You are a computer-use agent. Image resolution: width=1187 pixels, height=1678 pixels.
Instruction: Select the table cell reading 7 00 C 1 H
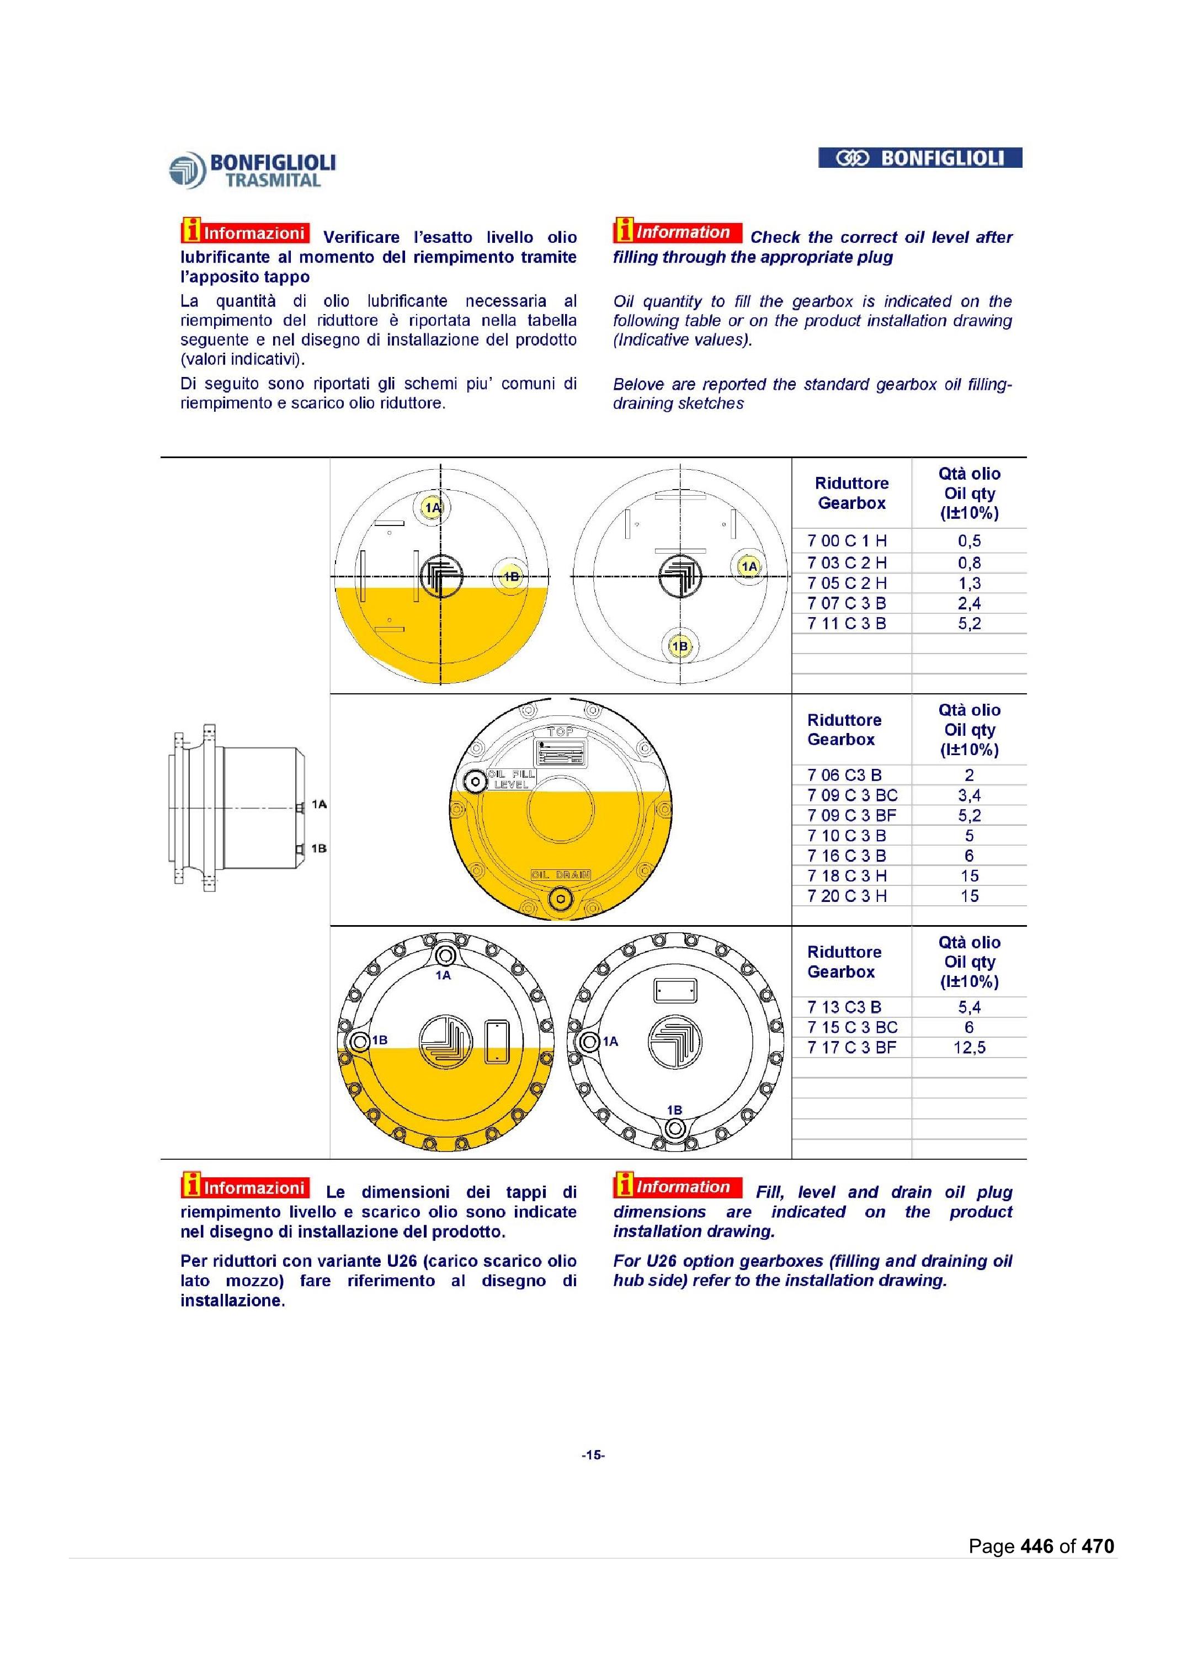tap(847, 541)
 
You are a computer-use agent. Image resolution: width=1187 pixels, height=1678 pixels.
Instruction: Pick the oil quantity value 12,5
tap(969, 1048)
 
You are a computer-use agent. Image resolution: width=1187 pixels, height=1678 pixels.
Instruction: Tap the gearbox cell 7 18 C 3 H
tap(847, 876)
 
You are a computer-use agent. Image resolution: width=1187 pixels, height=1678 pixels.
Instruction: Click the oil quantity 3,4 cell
tap(969, 795)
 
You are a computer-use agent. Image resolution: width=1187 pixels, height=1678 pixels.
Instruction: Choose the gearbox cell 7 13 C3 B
tap(844, 1007)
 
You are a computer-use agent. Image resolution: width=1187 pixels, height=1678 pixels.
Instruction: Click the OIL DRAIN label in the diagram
tap(561, 874)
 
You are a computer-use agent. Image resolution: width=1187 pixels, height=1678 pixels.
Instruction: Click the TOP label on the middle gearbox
tap(561, 732)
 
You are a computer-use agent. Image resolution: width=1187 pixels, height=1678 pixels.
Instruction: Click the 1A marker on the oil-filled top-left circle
tap(433, 507)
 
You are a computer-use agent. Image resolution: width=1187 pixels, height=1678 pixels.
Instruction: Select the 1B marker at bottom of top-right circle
tap(680, 646)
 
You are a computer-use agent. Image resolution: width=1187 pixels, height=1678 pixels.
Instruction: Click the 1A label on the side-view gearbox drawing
tap(318, 804)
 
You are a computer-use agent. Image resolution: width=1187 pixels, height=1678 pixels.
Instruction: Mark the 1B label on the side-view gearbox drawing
tap(318, 849)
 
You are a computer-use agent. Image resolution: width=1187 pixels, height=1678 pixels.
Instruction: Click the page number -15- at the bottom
tap(593, 1455)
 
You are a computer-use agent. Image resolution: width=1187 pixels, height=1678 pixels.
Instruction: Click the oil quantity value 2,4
tap(969, 603)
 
